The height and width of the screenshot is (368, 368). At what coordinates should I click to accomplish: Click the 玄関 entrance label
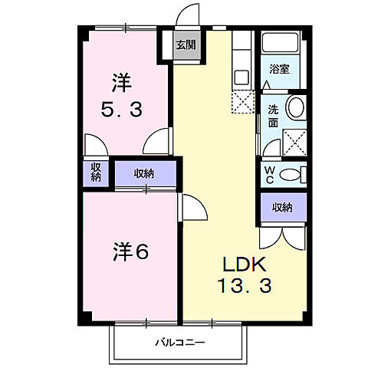[x=185, y=45]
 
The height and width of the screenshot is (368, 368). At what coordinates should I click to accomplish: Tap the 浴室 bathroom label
[x=279, y=69]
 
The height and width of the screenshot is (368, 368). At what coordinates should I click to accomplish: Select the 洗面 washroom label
[x=272, y=115]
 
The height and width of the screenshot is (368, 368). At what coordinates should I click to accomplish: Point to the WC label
[x=270, y=173]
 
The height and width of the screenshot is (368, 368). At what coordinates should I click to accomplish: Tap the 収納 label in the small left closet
[x=96, y=172]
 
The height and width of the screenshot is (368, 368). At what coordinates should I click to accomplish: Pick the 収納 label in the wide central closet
[x=143, y=173]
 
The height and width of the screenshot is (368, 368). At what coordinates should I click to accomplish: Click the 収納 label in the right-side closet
[x=282, y=206]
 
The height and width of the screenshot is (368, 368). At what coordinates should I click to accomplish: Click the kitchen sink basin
[x=242, y=77]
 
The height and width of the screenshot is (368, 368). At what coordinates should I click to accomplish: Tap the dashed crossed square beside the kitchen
[x=243, y=100]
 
